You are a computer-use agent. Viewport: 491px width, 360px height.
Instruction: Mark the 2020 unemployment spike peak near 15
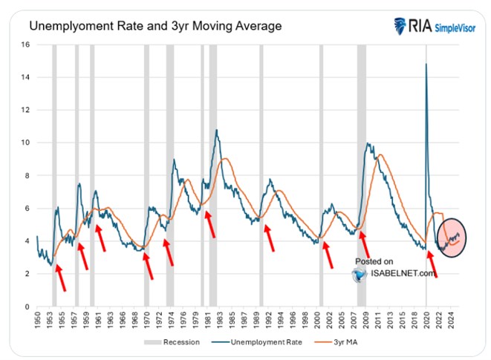pos(426,64)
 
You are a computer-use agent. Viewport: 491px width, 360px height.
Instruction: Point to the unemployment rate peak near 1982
pos(216,131)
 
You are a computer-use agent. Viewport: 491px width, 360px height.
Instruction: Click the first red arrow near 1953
pos(61,278)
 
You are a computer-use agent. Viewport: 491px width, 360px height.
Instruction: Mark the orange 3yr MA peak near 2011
pos(380,155)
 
